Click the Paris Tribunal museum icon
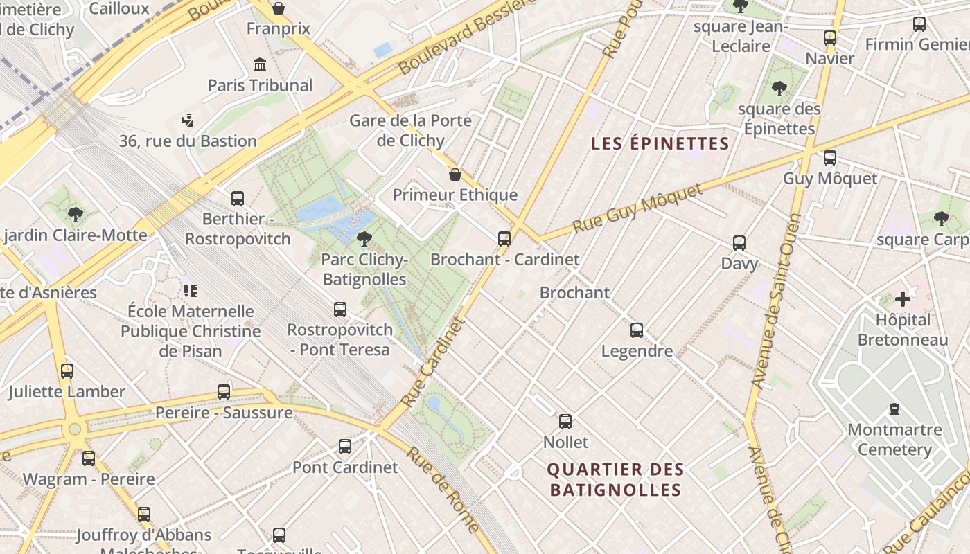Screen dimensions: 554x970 click(260, 64)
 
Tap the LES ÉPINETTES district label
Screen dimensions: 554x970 click(660, 144)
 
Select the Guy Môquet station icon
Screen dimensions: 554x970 click(829, 158)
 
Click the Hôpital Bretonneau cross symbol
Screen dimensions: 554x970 click(902, 299)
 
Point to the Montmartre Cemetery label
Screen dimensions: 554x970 click(894, 440)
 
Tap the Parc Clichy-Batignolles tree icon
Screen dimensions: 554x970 click(364, 239)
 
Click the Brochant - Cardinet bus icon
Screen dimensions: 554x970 click(504, 239)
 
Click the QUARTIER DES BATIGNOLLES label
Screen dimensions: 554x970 click(615, 480)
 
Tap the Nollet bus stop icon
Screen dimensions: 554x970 click(565, 422)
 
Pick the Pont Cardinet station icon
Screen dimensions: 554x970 click(345, 447)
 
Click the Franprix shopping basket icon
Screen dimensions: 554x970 click(278, 8)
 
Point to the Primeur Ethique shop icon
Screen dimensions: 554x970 click(455, 175)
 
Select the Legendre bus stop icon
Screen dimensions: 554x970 click(637, 330)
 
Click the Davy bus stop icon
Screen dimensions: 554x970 click(739, 243)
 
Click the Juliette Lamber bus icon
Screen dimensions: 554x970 click(67, 371)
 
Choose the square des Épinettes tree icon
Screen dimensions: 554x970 click(779, 88)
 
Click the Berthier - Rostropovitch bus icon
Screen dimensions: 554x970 click(238, 199)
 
